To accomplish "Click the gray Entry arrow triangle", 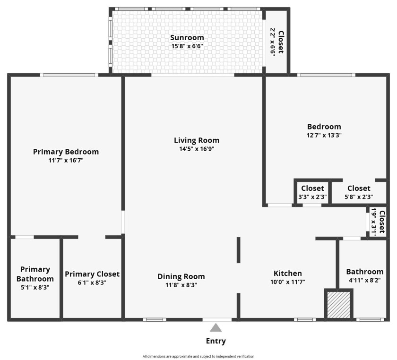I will click(x=216, y=328).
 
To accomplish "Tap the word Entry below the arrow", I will click(x=216, y=341).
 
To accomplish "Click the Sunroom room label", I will click(x=187, y=38).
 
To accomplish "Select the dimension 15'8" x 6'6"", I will click(x=187, y=46).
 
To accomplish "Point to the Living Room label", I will click(x=197, y=140).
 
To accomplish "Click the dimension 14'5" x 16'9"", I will click(x=197, y=149).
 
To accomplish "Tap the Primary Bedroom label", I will click(x=66, y=152).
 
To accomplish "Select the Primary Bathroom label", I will click(x=35, y=274).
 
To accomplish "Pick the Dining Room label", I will click(x=181, y=276).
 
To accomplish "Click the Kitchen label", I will click(x=288, y=274).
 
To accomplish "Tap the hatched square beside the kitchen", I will click(x=339, y=305).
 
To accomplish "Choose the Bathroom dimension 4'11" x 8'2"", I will click(x=364, y=280).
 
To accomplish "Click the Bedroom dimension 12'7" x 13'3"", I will click(x=324, y=135).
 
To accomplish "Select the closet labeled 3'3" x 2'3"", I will click(x=312, y=197).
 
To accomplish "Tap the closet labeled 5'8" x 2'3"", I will click(x=359, y=197).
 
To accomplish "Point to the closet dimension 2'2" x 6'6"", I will click(x=273, y=42).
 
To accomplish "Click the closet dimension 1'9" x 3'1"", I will click(x=373, y=222).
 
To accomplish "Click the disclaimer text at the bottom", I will click(x=198, y=356).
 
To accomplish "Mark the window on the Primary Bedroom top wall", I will click(x=69, y=75).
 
